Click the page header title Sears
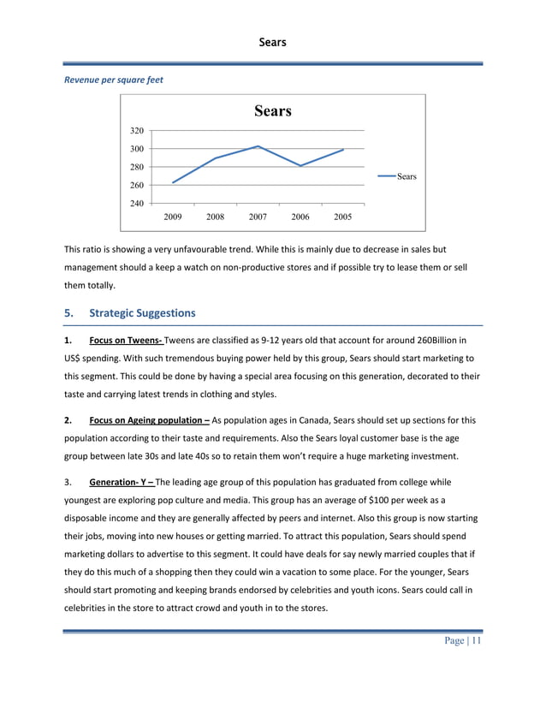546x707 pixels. pyautogui.click(x=272, y=41)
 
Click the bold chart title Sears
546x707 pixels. pyautogui.click(x=272, y=111)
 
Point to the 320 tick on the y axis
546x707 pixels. pyautogui.click(x=136, y=131)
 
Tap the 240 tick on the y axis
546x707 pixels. pyautogui.click(x=136, y=204)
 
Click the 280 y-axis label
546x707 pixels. pyautogui.click(x=136, y=167)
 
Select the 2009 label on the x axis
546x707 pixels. pyautogui.click(x=173, y=217)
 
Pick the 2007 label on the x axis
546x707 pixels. pyautogui.click(x=258, y=217)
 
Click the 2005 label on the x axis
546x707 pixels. pyautogui.click(x=343, y=217)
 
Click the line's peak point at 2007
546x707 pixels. pyautogui.click(x=258, y=146)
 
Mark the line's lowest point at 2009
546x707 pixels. pyautogui.click(x=173, y=182)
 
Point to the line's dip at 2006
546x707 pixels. pyautogui.click(x=300, y=165)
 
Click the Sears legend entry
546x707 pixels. pyautogui.click(x=406, y=176)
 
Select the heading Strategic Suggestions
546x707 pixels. pyautogui.click(x=142, y=313)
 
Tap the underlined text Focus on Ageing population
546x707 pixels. pyautogui.click(x=150, y=420)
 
